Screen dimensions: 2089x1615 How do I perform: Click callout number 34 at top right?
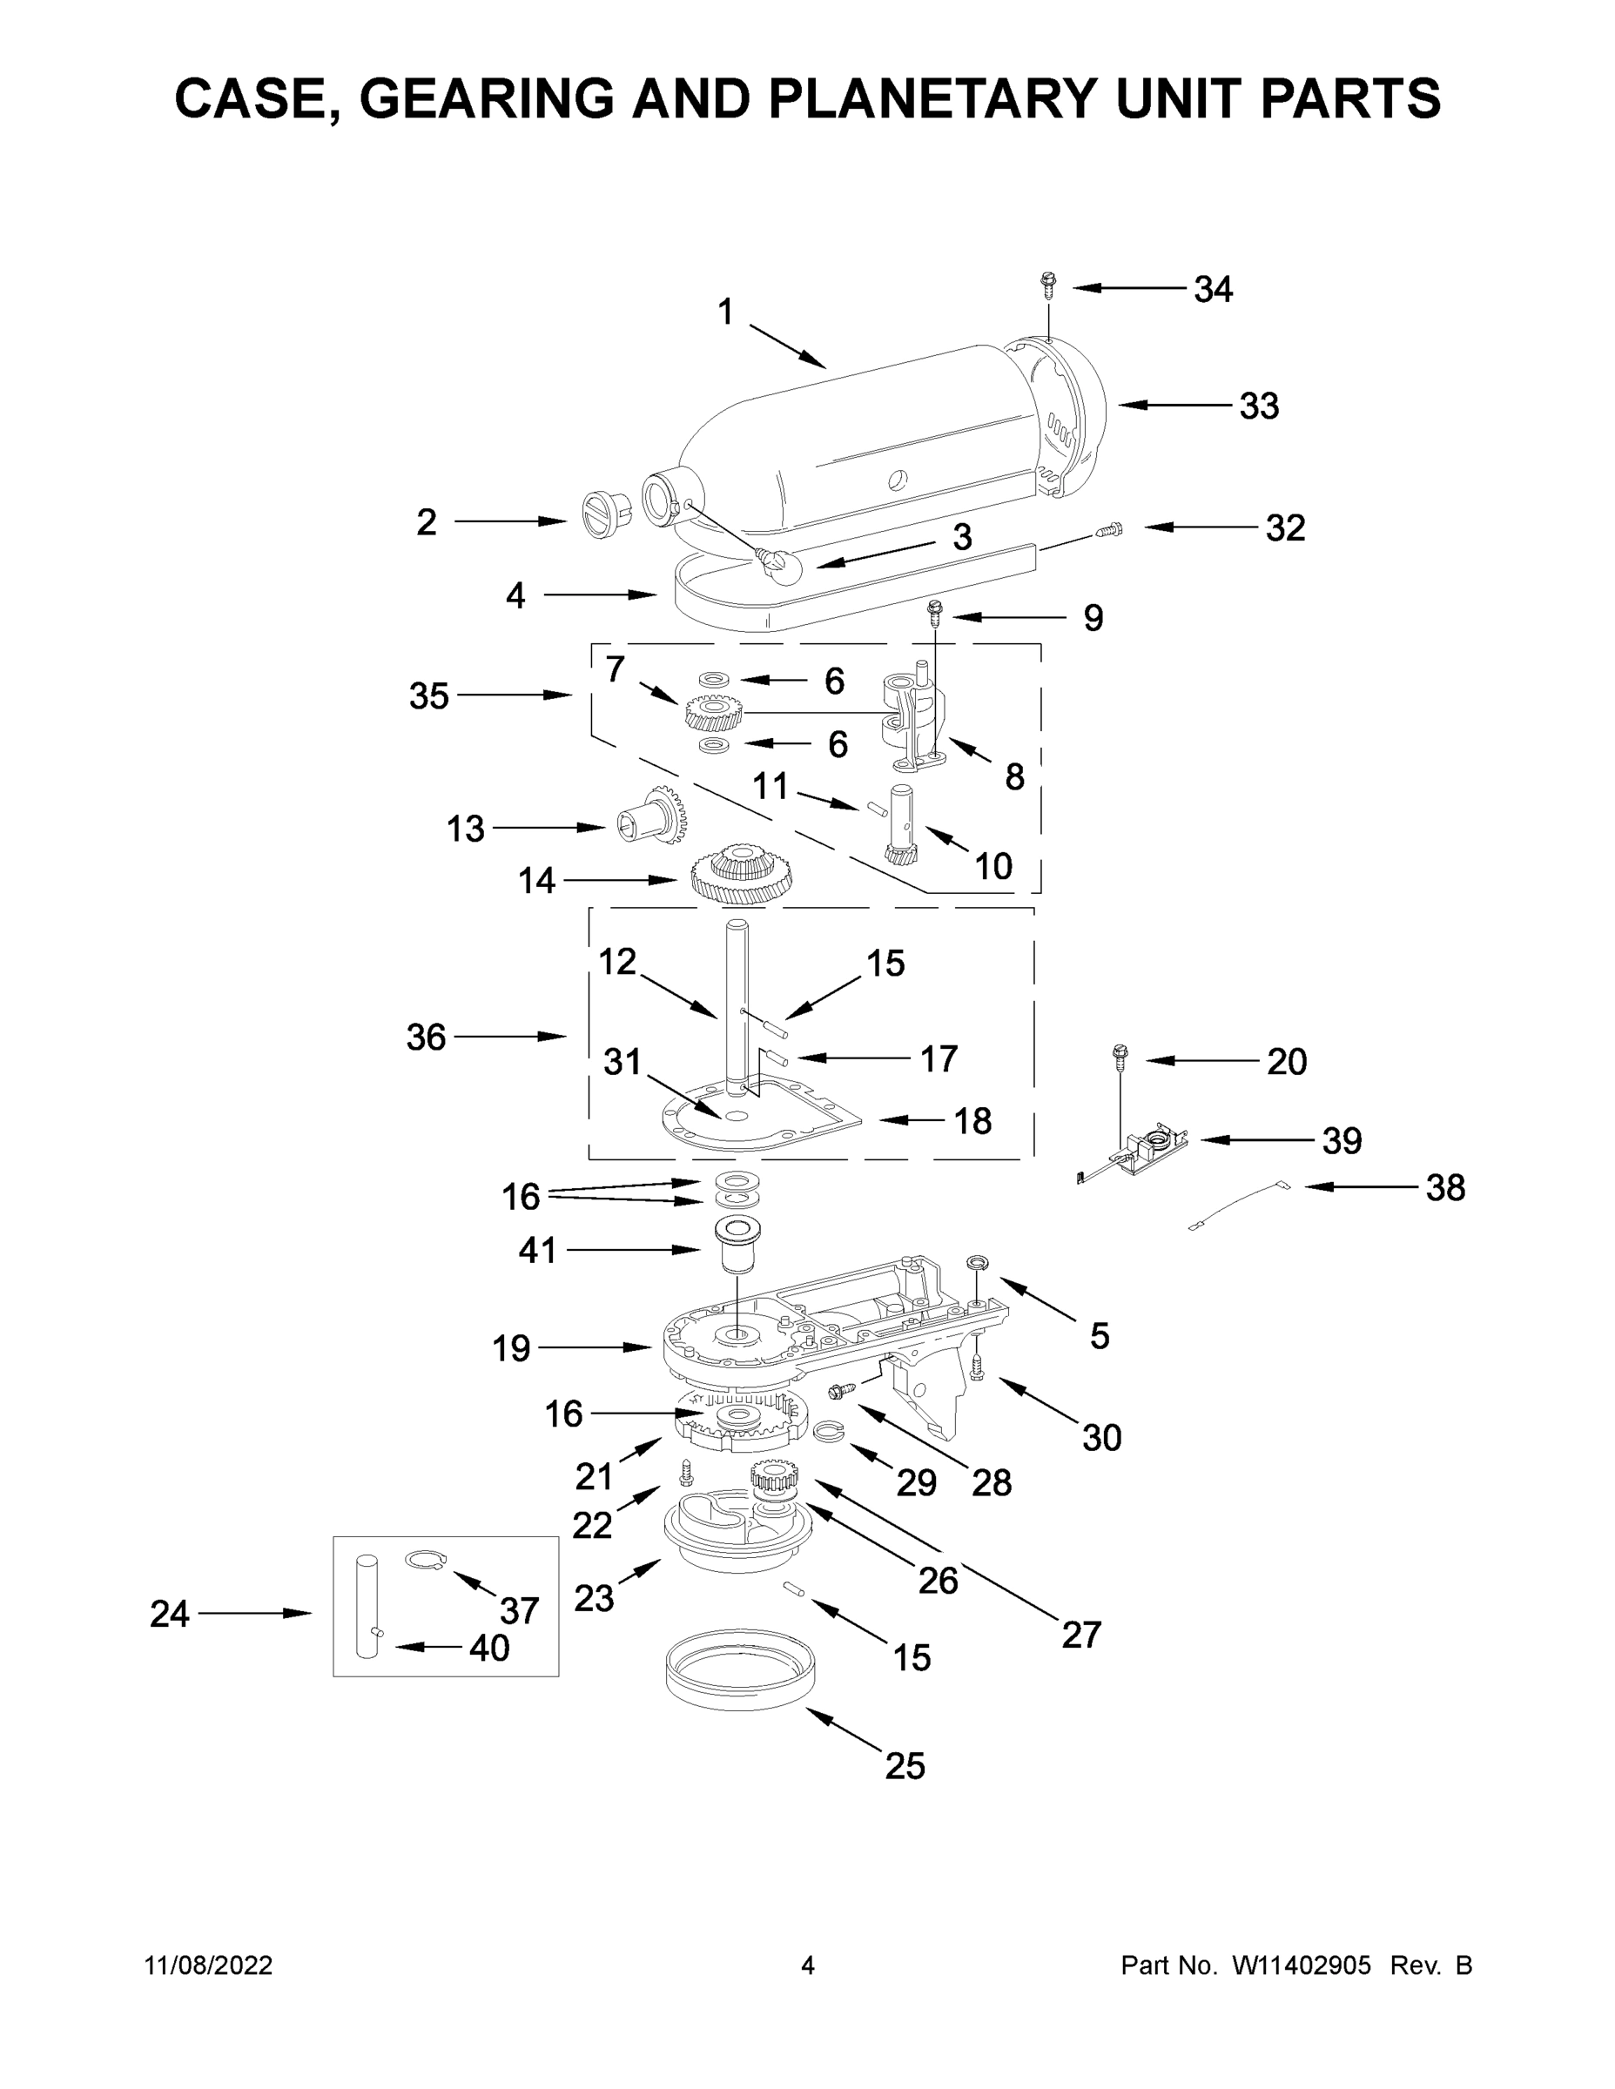click(1212, 289)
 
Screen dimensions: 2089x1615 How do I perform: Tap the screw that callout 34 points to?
click(1048, 283)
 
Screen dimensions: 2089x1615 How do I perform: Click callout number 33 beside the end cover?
click(1258, 406)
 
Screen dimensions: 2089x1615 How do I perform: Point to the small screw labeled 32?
click(1111, 529)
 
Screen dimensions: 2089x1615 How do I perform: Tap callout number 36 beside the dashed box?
click(426, 1037)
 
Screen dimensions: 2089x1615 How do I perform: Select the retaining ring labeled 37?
click(424, 1562)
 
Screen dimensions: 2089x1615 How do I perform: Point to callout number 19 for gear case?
click(511, 1347)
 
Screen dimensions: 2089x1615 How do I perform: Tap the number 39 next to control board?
click(1342, 1140)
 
